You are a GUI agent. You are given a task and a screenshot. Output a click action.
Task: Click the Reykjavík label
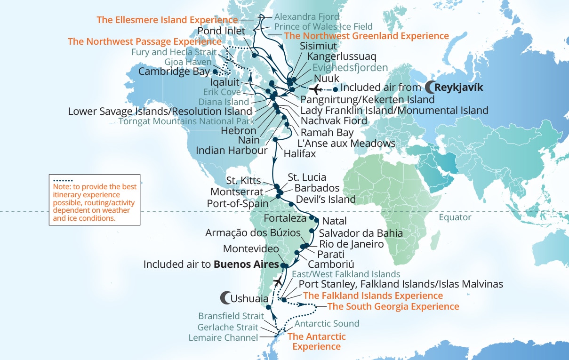pyautogui.click(x=459, y=87)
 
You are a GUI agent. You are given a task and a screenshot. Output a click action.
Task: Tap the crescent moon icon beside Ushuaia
pyautogui.click(x=225, y=298)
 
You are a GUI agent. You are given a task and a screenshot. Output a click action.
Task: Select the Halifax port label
pyautogui.click(x=300, y=154)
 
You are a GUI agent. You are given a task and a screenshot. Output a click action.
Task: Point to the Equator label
pyautogui.click(x=455, y=217)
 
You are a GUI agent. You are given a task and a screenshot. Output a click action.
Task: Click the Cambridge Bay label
pyautogui.click(x=175, y=72)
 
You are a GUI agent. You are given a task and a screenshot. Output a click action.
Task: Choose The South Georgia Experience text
pyautogui.click(x=393, y=307)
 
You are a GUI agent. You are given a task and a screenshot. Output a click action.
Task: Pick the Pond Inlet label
pyautogui.click(x=222, y=31)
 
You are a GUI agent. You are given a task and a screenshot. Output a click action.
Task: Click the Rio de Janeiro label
pyautogui.click(x=352, y=244)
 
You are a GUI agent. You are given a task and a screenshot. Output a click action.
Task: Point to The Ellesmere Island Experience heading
pyautogui.click(x=167, y=20)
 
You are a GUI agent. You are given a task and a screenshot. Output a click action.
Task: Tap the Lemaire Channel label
pyautogui.click(x=223, y=337)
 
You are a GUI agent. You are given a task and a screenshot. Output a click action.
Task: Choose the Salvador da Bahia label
pyautogui.click(x=361, y=233)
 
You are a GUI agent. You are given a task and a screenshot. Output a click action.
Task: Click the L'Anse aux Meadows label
pyautogui.click(x=346, y=143)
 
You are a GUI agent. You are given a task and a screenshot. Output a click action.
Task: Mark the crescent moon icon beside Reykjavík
pyautogui.click(x=429, y=87)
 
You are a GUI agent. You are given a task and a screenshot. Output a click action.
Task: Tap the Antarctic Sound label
pyautogui.click(x=327, y=323)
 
